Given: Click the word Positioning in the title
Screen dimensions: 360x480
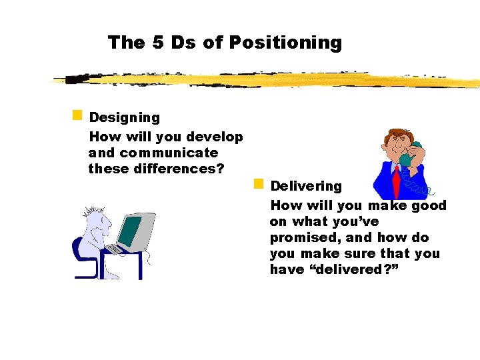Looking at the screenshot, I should pos(285,43).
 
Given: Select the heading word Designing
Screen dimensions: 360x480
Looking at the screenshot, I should pos(125,118).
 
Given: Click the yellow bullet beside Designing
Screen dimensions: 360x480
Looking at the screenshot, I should pos(77,115).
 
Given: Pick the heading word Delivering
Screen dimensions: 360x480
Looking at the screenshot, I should pos(306,187).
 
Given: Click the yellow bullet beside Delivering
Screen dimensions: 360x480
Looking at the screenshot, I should pos(259,183).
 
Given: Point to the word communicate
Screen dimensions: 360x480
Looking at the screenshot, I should pos(169,153).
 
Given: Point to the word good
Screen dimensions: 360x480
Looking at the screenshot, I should pos(429,205).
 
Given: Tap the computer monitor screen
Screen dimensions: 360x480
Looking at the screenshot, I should pos(130,231).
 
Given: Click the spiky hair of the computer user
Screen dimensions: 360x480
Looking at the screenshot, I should pos(91,213).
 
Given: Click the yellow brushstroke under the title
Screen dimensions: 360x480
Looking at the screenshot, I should pos(267,81).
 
